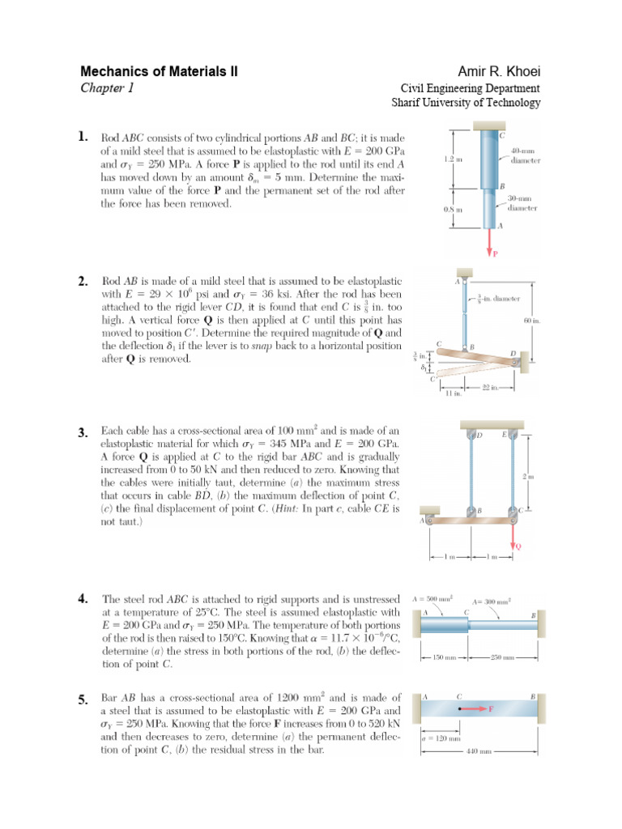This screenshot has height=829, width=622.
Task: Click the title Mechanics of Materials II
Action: point(159,72)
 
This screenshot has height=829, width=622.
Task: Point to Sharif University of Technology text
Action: point(466,103)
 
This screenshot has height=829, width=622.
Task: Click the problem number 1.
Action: point(83,138)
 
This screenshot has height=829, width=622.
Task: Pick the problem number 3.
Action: point(83,432)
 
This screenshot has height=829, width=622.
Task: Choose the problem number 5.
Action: point(83,699)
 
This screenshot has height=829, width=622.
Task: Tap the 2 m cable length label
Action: point(531,478)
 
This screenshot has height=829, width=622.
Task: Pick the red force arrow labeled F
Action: point(478,709)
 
